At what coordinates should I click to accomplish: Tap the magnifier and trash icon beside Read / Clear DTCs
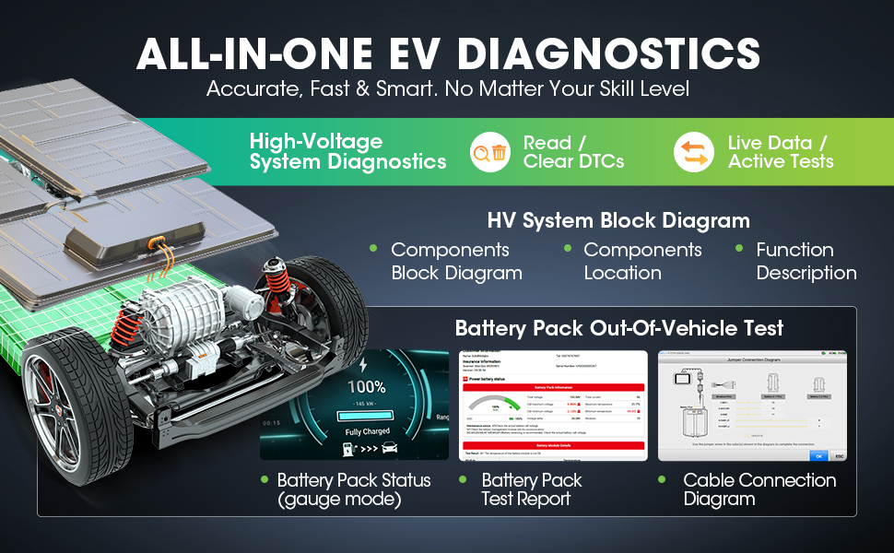(x=488, y=152)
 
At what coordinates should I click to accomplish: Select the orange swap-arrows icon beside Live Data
(x=693, y=152)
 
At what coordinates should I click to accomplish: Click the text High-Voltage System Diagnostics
(x=347, y=152)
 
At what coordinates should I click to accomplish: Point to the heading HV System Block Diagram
(x=618, y=221)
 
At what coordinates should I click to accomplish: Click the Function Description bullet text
(x=806, y=262)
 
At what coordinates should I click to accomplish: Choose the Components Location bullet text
(x=641, y=262)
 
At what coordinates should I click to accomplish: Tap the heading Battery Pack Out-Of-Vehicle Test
(x=618, y=328)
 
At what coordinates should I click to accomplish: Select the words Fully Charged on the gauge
(x=368, y=430)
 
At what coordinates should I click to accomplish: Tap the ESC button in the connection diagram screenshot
(x=839, y=455)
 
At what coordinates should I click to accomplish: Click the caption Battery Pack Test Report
(x=531, y=489)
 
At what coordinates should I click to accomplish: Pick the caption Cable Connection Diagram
(x=759, y=489)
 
